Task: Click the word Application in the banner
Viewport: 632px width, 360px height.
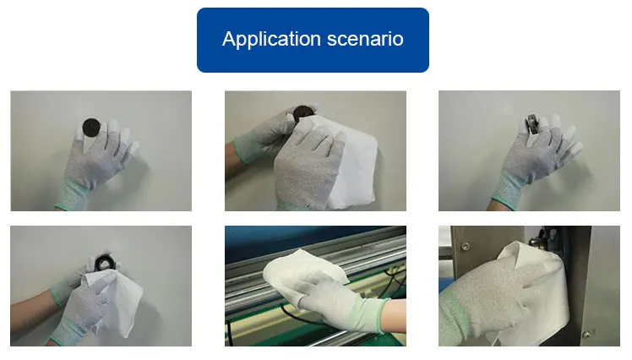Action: pos(271,40)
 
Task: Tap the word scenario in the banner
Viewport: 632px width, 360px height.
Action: pos(365,39)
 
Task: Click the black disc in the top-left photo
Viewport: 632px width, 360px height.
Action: pos(91,127)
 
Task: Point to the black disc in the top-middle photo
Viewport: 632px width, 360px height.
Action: pos(302,113)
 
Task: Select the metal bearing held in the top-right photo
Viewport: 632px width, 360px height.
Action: pos(532,124)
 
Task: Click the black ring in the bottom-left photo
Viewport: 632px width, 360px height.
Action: pos(103,263)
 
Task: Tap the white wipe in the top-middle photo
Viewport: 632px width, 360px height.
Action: pos(347,161)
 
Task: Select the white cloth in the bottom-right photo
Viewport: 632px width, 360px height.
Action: pos(536,290)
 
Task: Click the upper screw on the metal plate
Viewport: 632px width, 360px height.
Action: pos(465,246)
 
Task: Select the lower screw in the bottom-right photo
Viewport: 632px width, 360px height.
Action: pos(586,334)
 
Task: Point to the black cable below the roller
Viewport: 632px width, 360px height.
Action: pos(298,316)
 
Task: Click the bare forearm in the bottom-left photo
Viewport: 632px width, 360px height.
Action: pos(32,310)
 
